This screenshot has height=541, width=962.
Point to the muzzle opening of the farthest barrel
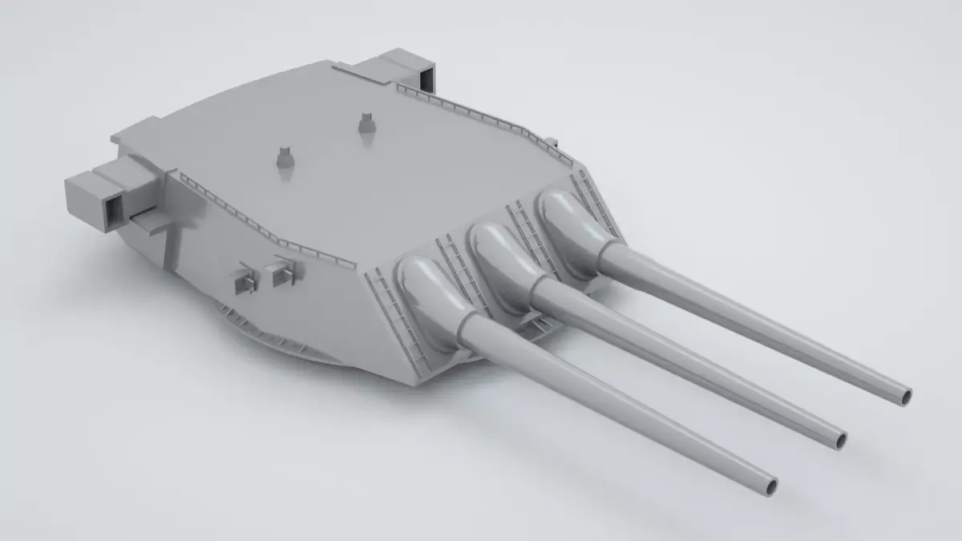click(x=905, y=395)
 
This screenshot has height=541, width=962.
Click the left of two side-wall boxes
click(x=243, y=278)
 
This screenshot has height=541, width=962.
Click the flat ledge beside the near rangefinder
click(x=152, y=217)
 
